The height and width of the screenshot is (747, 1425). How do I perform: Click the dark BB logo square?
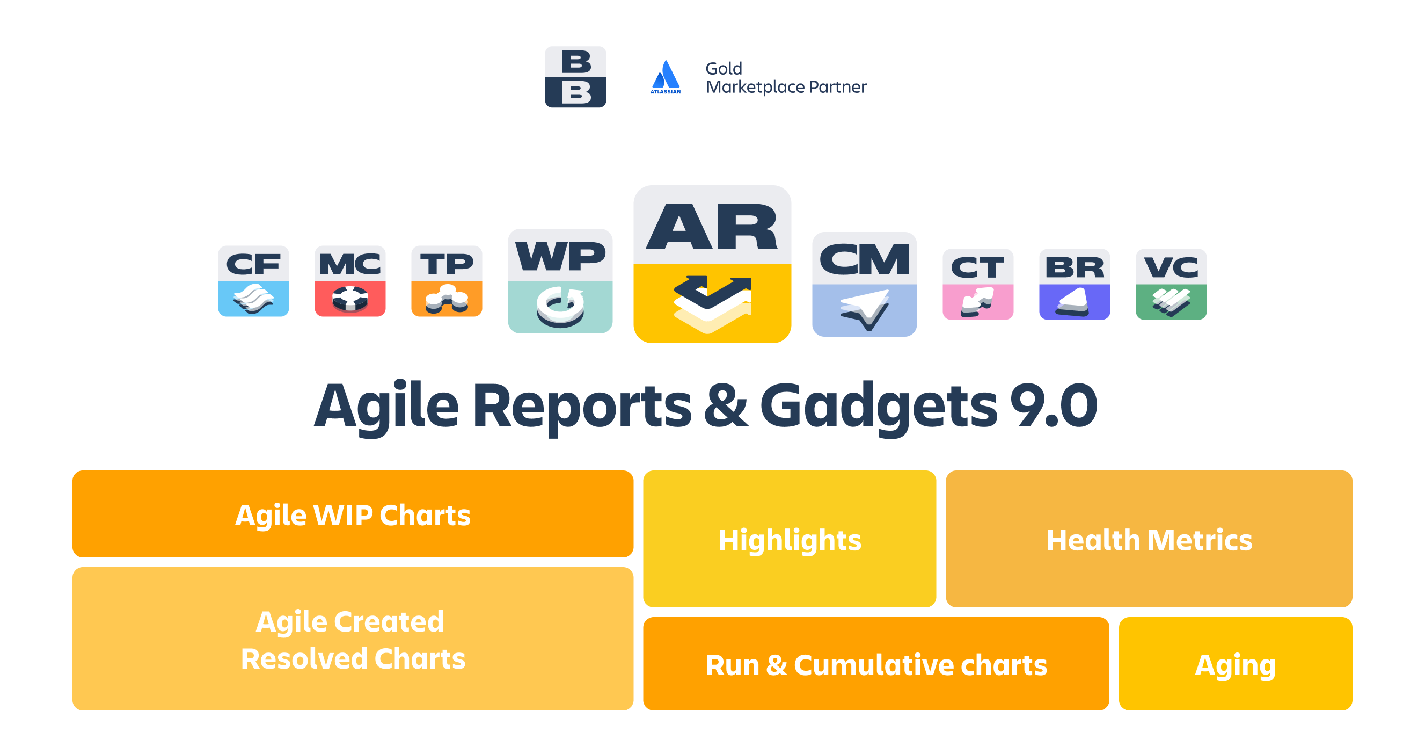point(575,77)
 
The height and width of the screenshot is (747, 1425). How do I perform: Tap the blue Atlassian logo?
point(666,77)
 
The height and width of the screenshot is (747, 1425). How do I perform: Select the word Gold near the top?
point(724,69)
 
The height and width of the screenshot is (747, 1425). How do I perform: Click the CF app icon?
point(253,281)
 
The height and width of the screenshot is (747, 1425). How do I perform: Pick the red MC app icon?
point(350,281)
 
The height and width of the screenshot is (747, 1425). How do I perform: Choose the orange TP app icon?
point(447,281)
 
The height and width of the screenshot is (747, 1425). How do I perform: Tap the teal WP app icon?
point(560,281)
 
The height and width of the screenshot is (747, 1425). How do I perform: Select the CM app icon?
point(864,285)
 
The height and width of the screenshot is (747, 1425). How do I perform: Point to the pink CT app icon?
point(978,285)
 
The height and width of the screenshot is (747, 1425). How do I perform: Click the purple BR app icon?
point(1075,285)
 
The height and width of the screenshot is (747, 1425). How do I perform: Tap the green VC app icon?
point(1171,285)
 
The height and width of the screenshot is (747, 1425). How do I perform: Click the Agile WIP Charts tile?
point(353,514)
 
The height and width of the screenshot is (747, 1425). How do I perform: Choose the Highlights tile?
point(790,539)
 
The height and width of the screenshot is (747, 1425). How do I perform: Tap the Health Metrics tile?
point(1149,539)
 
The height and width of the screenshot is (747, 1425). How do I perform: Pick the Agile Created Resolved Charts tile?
point(353,639)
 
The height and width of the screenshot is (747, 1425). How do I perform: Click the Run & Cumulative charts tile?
point(876,664)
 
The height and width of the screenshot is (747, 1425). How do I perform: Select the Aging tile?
point(1236,664)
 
